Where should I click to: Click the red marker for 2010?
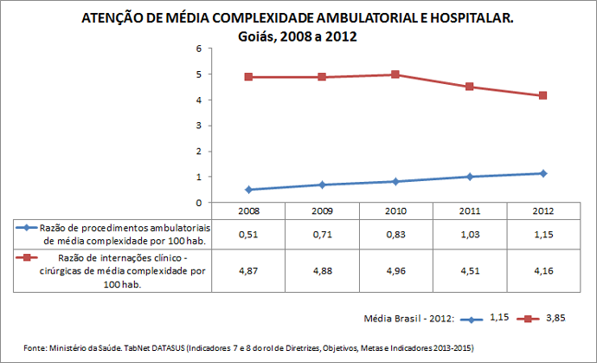coord(395,75)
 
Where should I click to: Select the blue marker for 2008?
coord(249,190)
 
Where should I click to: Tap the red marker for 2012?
coord(542,95)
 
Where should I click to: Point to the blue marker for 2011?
coord(469,177)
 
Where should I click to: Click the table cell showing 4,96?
coord(395,270)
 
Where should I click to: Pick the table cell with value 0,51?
coord(249,234)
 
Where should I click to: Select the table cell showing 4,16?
coord(542,270)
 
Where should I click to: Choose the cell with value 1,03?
coord(469,234)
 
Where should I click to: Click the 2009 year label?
coord(322,211)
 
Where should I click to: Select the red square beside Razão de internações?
coord(28,258)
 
